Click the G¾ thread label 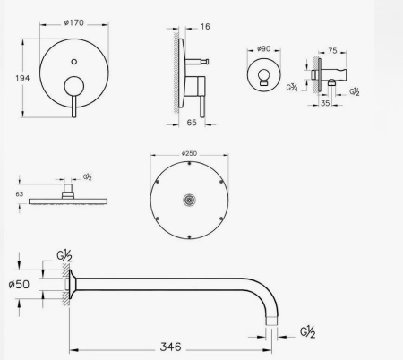[x=292, y=88]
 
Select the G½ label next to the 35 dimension [x=355, y=91]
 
